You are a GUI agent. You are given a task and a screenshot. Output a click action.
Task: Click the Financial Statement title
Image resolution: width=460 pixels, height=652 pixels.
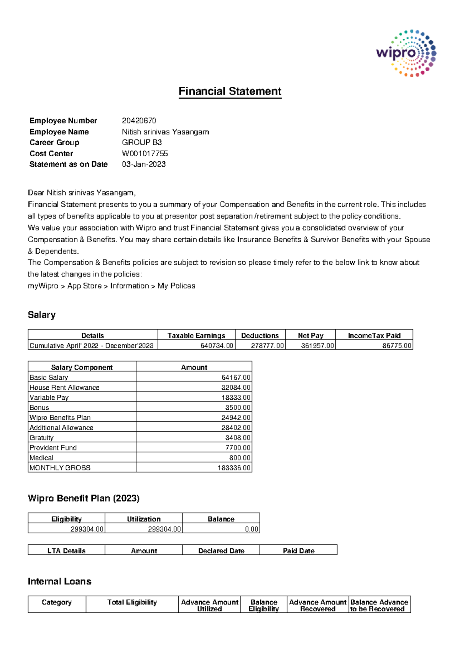point(230,91)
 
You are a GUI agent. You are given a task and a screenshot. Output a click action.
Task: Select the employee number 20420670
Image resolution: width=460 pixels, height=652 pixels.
point(139,121)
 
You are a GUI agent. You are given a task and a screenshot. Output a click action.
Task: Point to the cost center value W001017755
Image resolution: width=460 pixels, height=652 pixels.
point(145,154)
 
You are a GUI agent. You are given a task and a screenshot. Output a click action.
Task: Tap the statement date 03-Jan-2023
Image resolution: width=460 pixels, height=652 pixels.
point(144,164)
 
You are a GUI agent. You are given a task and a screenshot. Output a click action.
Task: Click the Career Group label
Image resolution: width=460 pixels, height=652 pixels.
point(54,142)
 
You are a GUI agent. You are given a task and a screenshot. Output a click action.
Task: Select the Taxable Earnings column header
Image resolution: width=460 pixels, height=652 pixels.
point(196,336)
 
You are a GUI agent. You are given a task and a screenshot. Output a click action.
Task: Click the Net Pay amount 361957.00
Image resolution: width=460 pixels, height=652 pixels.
point(317,346)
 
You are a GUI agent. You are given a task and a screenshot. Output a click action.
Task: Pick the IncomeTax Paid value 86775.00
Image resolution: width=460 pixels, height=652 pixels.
point(397,346)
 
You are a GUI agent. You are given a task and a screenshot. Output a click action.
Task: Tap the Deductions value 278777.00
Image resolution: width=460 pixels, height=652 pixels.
point(267,346)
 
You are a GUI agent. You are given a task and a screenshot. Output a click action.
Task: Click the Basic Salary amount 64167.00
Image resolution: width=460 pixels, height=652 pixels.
point(236,377)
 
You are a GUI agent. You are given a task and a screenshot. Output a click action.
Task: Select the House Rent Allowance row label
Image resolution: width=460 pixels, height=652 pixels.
point(64,387)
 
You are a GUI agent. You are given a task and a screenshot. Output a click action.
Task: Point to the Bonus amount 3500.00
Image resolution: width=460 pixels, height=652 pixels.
point(238,407)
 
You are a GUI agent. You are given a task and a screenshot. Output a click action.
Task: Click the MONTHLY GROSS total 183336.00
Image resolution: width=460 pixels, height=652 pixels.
point(234,468)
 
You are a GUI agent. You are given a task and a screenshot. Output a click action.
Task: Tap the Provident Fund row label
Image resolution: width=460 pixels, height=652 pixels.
point(53,448)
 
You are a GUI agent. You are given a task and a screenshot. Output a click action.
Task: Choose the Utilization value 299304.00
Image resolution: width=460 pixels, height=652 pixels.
point(164,529)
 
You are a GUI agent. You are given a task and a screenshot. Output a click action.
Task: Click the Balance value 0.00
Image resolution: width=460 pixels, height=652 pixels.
point(251,529)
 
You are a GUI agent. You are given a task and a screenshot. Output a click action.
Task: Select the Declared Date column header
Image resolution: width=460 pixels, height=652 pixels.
point(221,551)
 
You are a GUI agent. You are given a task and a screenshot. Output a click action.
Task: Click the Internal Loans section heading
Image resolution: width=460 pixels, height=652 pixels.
point(59,581)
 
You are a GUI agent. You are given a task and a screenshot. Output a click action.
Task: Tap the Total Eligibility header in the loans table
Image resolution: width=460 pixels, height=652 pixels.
point(132,602)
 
